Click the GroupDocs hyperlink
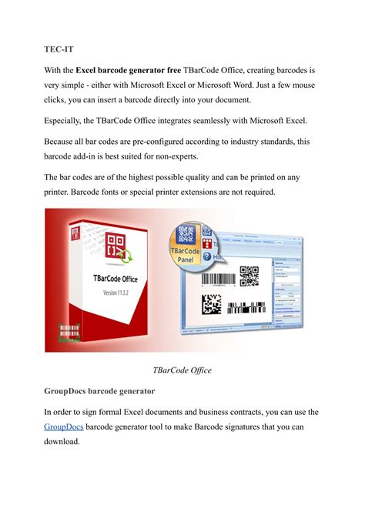65,426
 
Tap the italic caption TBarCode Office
182,370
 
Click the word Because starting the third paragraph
66,142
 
